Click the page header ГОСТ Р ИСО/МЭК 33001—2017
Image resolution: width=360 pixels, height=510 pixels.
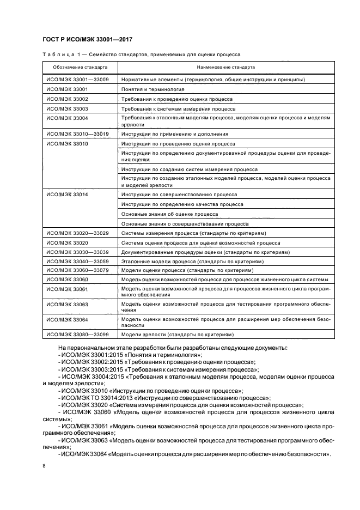click(x=88, y=39)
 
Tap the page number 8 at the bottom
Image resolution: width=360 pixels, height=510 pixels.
click(x=44, y=466)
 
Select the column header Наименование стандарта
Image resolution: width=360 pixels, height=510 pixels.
click(x=225, y=67)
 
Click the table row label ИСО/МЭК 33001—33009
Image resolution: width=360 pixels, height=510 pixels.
click(x=77, y=80)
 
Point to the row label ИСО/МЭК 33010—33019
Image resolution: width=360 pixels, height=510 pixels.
click(x=77, y=133)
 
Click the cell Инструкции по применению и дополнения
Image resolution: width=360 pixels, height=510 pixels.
click(x=174, y=133)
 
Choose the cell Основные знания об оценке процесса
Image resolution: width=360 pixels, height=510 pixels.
click(x=162, y=214)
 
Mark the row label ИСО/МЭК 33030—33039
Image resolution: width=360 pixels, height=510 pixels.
click(x=77, y=252)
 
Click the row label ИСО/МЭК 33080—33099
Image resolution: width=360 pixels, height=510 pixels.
click(x=77, y=334)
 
